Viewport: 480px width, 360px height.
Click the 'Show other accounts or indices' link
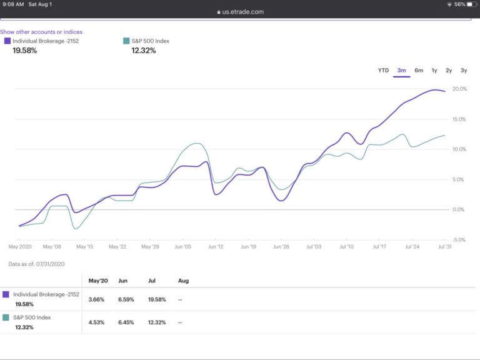pyautogui.click(x=41, y=32)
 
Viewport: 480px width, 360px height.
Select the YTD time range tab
pyautogui.click(x=383, y=71)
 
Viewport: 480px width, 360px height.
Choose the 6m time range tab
pyautogui.click(x=419, y=71)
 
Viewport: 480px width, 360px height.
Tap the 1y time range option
pyautogui.click(x=434, y=71)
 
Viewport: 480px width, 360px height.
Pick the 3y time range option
pyautogui.click(x=464, y=71)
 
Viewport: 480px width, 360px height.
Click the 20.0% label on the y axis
pyautogui.click(x=459, y=89)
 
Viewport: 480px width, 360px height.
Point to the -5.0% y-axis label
pyautogui.click(x=459, y=239)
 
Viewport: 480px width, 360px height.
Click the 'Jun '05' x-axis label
pyautogui.click(x=183, y=247)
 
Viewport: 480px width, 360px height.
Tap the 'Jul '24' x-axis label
pyautogui.click(x=412, y=247)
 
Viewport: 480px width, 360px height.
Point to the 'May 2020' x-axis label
pyautogui.click(x=20, y=247)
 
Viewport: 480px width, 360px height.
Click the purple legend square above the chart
pyautogui.click(x=7, y=41)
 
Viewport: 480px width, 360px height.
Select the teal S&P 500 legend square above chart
pyautogui.click(x=126, y=41)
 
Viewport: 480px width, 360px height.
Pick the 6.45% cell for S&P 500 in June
pyautogui.click(x=126, y=322)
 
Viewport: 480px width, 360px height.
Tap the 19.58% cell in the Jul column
pyautogui.click(x=157, y=299)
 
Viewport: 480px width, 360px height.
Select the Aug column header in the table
pyautogui.click(x=183, y=281)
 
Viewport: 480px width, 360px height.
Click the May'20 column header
pyautogui.click(x=98, y=281)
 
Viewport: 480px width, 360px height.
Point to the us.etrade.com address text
pyautogui.click(x=242, y=12)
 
